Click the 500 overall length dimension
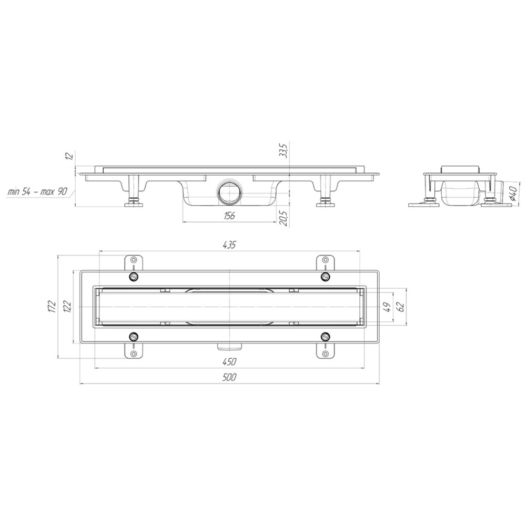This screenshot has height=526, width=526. (x=229, y=377)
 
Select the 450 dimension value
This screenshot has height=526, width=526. (x=229, y=362)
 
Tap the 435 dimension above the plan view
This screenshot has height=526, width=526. (x=229, y=245)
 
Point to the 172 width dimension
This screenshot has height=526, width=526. (x=52, y=307)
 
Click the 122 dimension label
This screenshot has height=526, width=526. (x=67, y=307)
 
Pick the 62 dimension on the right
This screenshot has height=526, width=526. (x=401, y=307)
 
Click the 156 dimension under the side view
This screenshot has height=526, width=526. (x=229, y=216)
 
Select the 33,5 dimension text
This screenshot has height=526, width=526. (x=284, y=150)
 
